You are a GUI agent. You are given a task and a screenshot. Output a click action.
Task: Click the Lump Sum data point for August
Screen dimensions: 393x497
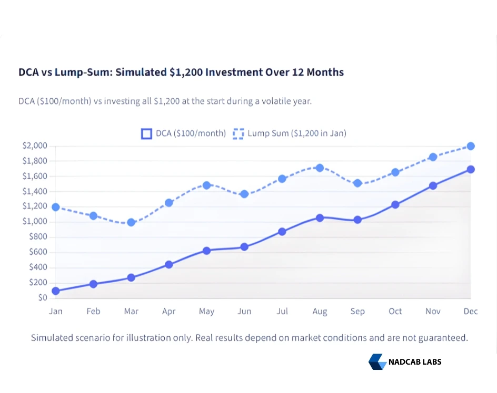[320, 168]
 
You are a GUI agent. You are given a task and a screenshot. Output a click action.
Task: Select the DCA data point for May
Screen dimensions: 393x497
[206, 251]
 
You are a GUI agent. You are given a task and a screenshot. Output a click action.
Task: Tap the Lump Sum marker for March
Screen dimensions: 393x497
[131, 222]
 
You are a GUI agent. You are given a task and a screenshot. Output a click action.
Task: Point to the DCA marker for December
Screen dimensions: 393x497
[471, 169]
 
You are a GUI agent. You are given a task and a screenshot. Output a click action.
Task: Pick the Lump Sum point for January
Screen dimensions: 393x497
[56, 207]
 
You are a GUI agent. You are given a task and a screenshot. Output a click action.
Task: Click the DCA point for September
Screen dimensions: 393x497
[357, 220]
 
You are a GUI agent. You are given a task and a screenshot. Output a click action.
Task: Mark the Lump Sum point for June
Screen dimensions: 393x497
[244, 194]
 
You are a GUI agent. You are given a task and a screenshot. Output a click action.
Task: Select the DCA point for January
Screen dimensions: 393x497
[56, 291]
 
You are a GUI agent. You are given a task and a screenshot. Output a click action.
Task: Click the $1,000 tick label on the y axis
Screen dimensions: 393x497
[35, 222]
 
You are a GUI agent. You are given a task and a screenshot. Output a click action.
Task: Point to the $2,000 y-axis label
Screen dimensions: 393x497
[35, 146]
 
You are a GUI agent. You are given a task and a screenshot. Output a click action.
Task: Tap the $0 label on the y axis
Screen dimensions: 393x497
[43, 298]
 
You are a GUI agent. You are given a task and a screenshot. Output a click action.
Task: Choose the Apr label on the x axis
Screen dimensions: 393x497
[168, 312]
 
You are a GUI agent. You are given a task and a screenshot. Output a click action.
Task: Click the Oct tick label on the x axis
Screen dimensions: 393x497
[395, 312]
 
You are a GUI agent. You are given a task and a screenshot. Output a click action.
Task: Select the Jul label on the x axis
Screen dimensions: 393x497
[282, 312]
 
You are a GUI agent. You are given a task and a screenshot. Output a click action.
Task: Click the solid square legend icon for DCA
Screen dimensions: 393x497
[146, 133]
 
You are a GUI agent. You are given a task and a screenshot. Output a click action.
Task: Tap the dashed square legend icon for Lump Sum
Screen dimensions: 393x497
[238, 133]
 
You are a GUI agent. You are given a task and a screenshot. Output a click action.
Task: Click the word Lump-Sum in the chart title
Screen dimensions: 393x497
[80, 72]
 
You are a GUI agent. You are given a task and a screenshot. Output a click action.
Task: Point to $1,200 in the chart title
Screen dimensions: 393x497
[186, 72]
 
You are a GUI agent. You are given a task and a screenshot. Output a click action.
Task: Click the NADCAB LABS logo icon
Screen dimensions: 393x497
[377, 361]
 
